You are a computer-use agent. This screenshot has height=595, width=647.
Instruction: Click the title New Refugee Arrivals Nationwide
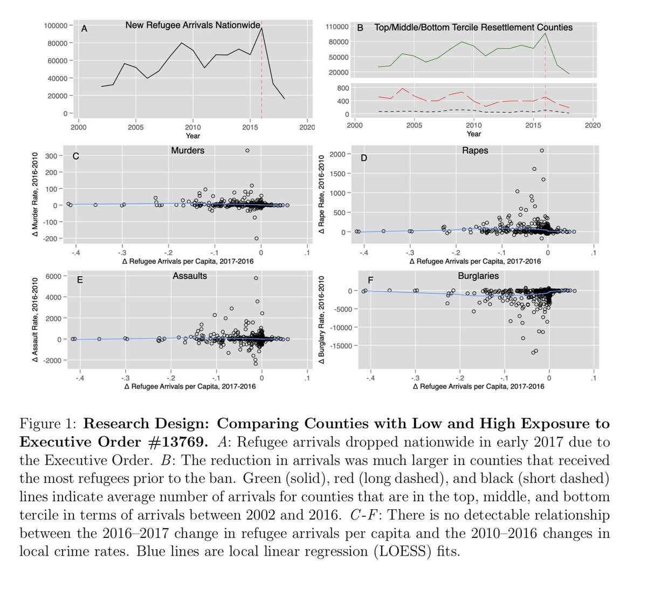click(x=192, y=25)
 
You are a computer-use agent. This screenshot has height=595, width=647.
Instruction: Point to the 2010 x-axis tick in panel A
click(x=192, y=127)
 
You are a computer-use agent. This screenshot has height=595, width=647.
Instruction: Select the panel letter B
click(x=360, y=28)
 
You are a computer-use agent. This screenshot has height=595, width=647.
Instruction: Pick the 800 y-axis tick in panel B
click(x=343, y=88)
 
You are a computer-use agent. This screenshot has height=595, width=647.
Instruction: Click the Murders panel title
click(x=188, y=151)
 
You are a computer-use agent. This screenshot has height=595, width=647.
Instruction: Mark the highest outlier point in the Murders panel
click(x=247, y=151)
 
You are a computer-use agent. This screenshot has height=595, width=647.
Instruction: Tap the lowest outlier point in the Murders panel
click(x=257, y=238)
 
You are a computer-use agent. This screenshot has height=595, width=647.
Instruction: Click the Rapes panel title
click(x=475, y=151)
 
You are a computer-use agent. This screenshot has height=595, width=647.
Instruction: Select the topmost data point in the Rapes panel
click(x=542, y=151)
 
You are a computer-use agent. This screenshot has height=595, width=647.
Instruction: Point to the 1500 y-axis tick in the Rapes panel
click(x=337, y=174)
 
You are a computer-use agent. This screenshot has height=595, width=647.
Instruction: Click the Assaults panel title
click(x=190, y=276)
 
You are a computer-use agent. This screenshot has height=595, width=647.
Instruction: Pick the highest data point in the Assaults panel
click(x=256, y=278)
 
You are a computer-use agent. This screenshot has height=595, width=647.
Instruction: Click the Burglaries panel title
click(x=478, y=276)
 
